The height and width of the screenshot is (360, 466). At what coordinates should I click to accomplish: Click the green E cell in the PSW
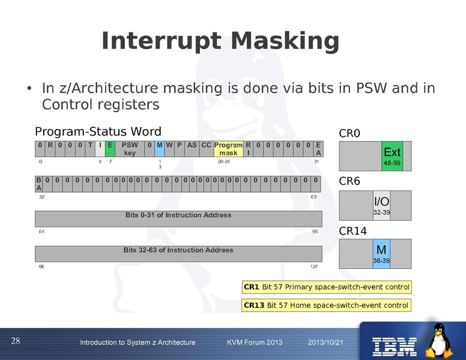(110, 149)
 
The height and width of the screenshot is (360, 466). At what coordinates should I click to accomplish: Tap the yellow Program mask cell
(228, 149)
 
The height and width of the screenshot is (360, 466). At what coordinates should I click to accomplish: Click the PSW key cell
(130, 149)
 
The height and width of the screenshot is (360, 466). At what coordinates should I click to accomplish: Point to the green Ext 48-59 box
(392, 156)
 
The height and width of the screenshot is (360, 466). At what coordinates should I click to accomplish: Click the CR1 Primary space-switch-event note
(326, 287)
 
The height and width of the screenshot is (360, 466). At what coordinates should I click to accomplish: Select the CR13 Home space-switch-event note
(326, 305)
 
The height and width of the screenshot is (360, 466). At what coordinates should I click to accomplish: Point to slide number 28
(16, 341)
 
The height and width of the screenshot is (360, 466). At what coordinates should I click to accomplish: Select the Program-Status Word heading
(98, 132)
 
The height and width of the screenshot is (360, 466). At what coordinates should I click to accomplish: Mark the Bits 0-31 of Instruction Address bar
(178, 218)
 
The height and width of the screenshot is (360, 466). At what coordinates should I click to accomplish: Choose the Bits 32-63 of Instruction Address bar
(178, 254)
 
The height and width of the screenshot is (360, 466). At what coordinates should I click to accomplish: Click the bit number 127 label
(314, 267)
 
